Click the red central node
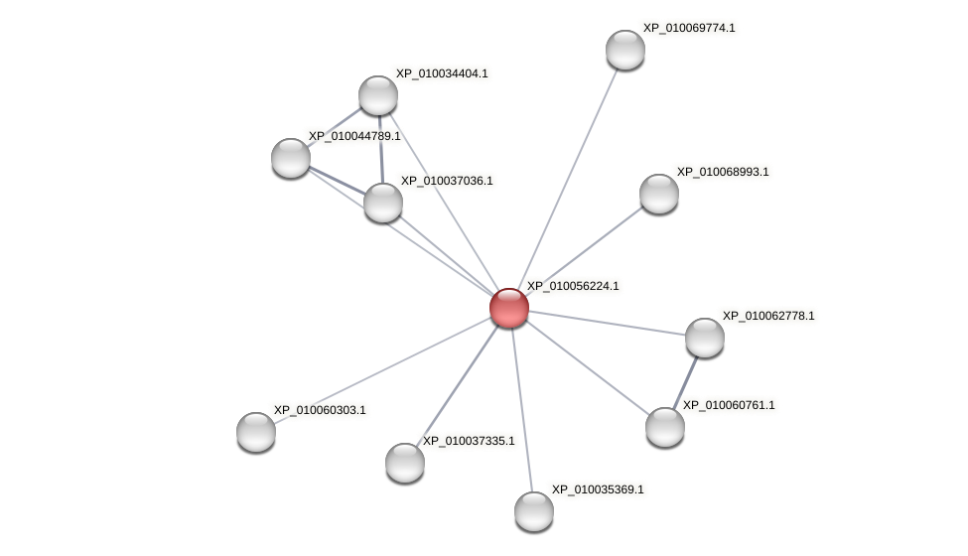(509, 308)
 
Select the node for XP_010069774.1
(625, 50)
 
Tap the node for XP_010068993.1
(659, 194)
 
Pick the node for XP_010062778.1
(705, 338)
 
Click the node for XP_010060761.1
(665, 427)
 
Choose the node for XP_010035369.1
(534, 511)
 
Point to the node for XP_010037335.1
(405, 462)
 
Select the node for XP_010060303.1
(256, 432)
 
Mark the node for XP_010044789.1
(291, 158)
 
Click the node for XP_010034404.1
(378, 95)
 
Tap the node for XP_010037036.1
(383, 203)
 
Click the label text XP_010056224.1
(573, 286)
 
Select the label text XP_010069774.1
(689, 28)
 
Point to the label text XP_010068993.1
(723, 172)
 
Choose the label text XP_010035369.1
(598, 489)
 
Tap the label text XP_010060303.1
(320, 410)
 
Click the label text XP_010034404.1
(442, 73)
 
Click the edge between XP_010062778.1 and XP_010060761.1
(685, 382)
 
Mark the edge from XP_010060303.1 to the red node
(382, 369)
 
